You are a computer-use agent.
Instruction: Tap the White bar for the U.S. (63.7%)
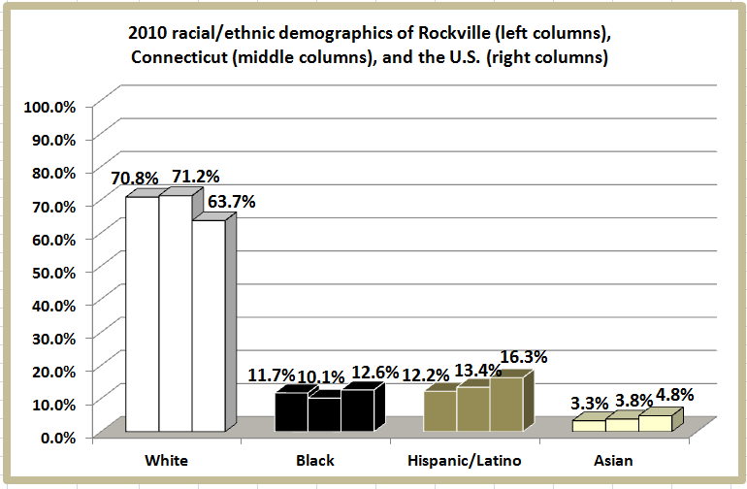(x=208, y=326)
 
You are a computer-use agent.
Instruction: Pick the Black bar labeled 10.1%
(x=325, y=414)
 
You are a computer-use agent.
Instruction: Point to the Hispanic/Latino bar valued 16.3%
(x=505, y=404)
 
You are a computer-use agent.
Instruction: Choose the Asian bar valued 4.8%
(x=655, y=423)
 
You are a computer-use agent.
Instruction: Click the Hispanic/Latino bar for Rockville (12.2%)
(x=439, y=410)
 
